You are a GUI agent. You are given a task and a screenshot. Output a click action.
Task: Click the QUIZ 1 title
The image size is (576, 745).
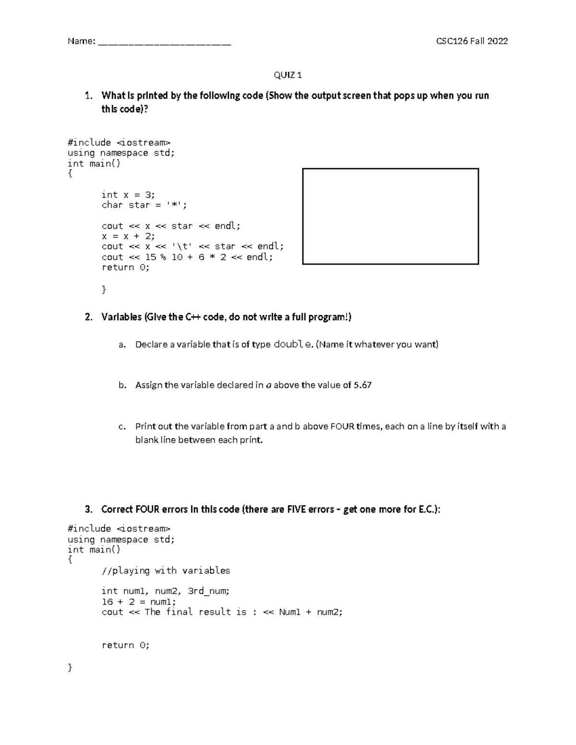coord(288,75)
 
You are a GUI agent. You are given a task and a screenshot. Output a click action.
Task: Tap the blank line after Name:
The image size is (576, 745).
coord(164,42)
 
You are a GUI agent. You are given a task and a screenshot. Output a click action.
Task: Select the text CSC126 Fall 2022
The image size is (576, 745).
coord(471,41)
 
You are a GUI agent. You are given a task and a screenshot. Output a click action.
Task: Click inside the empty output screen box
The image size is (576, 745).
coord(390,216)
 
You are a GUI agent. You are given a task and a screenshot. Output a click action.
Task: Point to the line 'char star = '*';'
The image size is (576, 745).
coord(144,205)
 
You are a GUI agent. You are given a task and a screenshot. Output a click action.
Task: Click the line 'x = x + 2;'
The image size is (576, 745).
coord(128,236)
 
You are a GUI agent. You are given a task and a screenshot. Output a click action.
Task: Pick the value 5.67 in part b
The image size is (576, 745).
coord(362,385)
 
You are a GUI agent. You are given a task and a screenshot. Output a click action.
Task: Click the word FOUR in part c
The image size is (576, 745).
coord(342,426)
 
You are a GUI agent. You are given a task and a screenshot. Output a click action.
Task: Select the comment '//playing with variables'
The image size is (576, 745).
coord(166,570)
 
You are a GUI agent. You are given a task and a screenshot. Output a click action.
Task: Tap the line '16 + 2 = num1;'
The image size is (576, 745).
coord(139,602)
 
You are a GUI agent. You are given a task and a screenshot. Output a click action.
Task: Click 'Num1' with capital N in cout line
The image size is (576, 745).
coord(289,612)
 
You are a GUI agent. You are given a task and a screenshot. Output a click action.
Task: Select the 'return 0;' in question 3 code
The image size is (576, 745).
coord(125,645)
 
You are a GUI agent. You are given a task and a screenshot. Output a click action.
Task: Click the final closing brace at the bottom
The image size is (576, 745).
coord(70,667)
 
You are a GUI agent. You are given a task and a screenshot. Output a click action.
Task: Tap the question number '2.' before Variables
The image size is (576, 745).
coord(88,317)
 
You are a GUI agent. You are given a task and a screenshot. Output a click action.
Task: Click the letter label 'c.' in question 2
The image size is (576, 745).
coord(122,426)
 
